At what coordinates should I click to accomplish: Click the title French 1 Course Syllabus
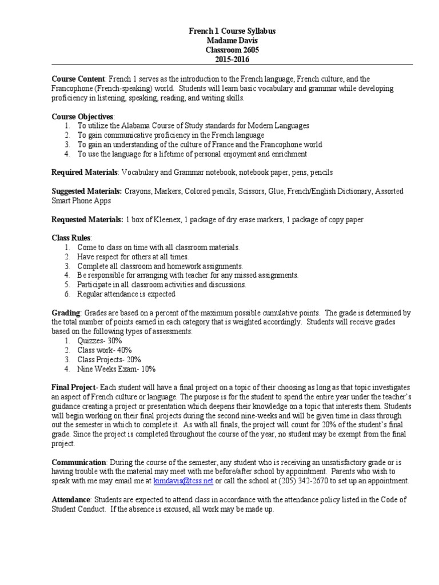[232, 31]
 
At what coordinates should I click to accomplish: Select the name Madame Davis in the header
[232, 41]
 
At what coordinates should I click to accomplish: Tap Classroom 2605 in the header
[232, 50]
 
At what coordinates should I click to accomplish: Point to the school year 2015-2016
[232, 59]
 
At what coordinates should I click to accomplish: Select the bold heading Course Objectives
[82, 117]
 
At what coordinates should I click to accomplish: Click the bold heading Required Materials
[85, 172]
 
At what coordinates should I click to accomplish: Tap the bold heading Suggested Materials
[86, 191]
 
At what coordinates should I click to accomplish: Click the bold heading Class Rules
[71, 238]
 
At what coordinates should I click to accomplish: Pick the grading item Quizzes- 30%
[100, 340]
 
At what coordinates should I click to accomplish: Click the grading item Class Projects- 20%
[109, 359]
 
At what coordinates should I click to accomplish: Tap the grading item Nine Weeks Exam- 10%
[117, 369]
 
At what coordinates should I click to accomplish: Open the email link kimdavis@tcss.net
[183, 481]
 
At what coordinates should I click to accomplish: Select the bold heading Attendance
[71, 500]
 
